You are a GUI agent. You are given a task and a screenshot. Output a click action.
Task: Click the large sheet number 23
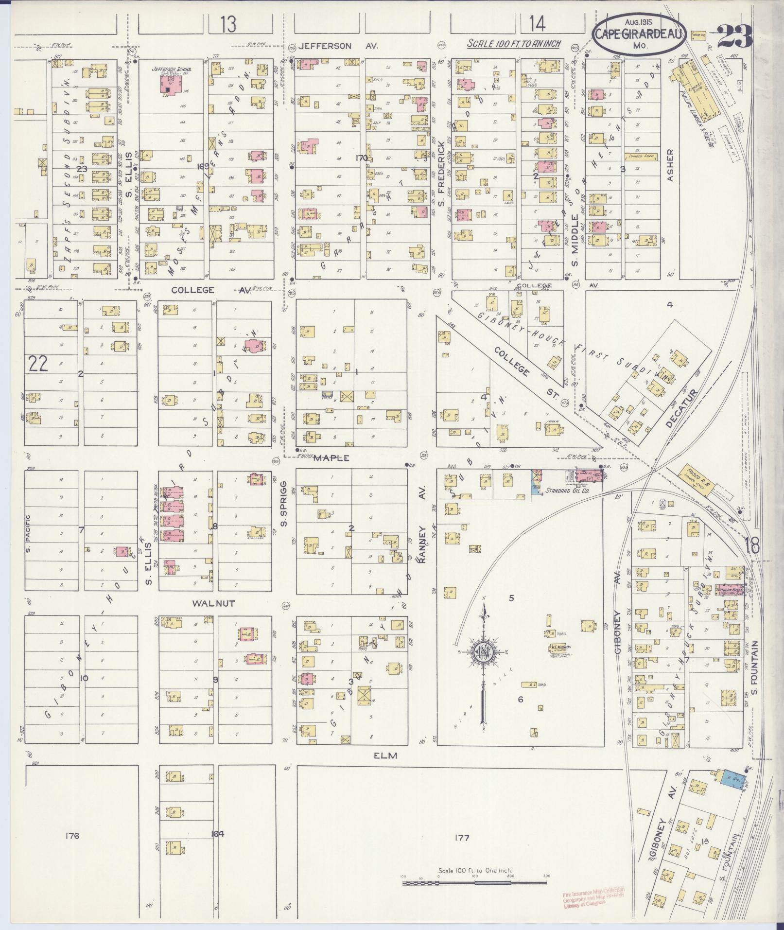click(735, 36)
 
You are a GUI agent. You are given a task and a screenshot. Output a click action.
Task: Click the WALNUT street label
click(213, 603)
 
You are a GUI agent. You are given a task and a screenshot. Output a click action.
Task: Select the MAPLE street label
click(332, 458)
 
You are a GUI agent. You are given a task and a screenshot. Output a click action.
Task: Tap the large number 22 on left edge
click(38, 364)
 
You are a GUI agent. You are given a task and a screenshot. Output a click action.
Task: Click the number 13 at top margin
click(227, 24)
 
